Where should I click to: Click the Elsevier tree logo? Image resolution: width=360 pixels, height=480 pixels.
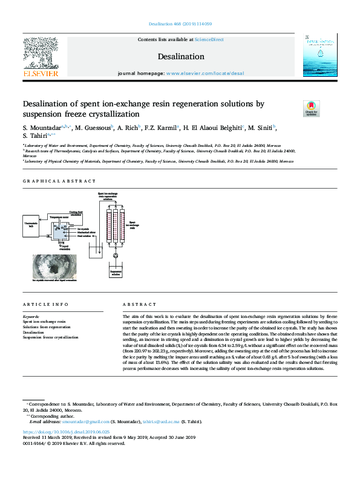point(41,53)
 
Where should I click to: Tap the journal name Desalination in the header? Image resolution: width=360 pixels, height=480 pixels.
point(181,57)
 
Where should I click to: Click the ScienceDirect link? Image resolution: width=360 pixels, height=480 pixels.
point(209,39)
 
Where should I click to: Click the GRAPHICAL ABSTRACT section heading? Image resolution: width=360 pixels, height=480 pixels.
point(59,181)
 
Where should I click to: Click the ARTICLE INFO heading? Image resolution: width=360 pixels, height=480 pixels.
point(42,305)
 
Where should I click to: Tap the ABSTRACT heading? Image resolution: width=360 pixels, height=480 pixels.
point(135,305)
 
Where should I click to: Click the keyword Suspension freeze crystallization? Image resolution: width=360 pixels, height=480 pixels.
point(50,337)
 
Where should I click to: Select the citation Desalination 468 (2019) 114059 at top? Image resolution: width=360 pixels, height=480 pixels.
point(180,24)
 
